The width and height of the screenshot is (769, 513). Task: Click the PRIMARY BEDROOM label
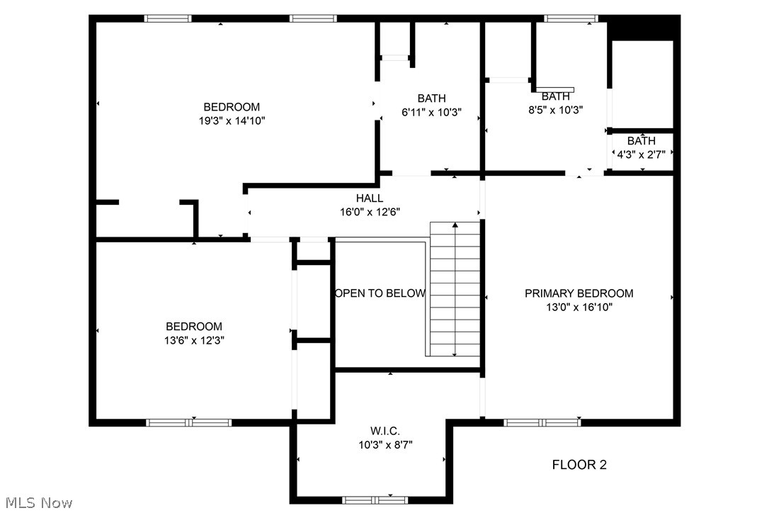tap(579, 293)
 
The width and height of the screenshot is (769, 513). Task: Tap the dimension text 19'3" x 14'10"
tap(232, 121)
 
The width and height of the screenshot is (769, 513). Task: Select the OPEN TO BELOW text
tap(380, 293)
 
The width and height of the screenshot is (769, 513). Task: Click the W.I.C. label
tap(385, 431)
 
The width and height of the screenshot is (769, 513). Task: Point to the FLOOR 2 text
tap(579, 465)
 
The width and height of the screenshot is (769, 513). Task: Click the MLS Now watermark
tap(37, 503)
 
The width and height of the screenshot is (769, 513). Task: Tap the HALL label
tap(370, 198)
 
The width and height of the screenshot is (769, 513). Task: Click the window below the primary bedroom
tap(542, 422)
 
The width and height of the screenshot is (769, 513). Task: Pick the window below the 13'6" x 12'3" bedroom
tap(188, 422)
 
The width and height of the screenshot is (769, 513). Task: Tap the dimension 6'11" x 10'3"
tap(431, 112)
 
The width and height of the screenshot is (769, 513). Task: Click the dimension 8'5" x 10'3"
tap(556, 110)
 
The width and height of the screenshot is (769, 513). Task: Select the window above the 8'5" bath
tap(571, 18)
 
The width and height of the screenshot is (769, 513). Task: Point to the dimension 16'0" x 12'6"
tap(370, 212)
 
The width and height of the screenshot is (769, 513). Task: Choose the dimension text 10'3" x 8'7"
tap(385, 444)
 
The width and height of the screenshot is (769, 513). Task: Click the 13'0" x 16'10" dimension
tap(579, 307)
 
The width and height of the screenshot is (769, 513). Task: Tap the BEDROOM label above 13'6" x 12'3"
tap(194, 327)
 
